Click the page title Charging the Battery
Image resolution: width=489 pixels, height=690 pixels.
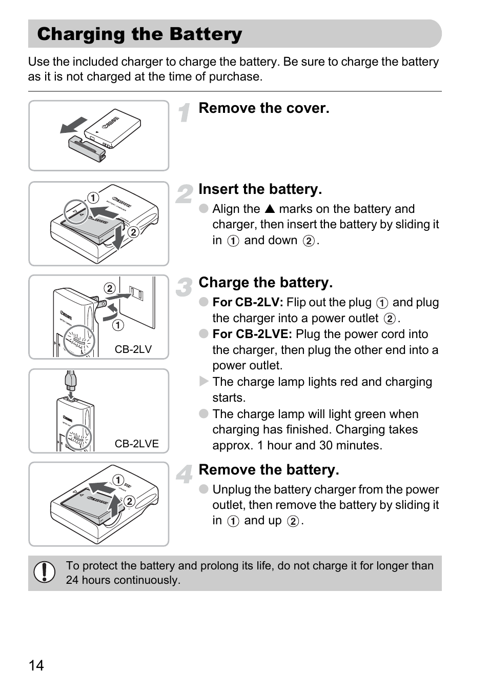(x=139, y=34)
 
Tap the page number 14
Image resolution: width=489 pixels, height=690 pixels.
(x=36, y=665)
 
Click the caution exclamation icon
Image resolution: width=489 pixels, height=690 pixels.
(x=45, y=572)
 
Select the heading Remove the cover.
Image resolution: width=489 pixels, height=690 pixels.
(x=263, y=108)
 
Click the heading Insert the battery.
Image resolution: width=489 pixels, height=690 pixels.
(x=260, y=189)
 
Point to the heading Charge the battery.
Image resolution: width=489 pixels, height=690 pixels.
(x=265, y=283)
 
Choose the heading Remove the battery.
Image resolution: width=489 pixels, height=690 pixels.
(x=269, y=470)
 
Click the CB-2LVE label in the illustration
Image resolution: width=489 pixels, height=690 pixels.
(x=136, y=444)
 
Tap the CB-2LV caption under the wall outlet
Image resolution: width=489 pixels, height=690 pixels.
(x=133, y=349)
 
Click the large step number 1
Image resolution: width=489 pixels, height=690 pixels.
(x=185, y=112)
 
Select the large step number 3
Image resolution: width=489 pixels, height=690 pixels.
(x=184, y=287)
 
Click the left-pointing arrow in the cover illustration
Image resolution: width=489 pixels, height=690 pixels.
(x=73, y=125)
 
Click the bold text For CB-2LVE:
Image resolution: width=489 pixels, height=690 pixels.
(x=252, y=334)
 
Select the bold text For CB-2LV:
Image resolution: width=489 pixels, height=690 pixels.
(x=248, y=303)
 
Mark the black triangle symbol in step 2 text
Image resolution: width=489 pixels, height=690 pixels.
(x=270, y=209)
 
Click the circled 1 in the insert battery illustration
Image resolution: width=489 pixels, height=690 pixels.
(x=93, y=198)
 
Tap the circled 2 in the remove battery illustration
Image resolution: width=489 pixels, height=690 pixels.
(x=129, y=501)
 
